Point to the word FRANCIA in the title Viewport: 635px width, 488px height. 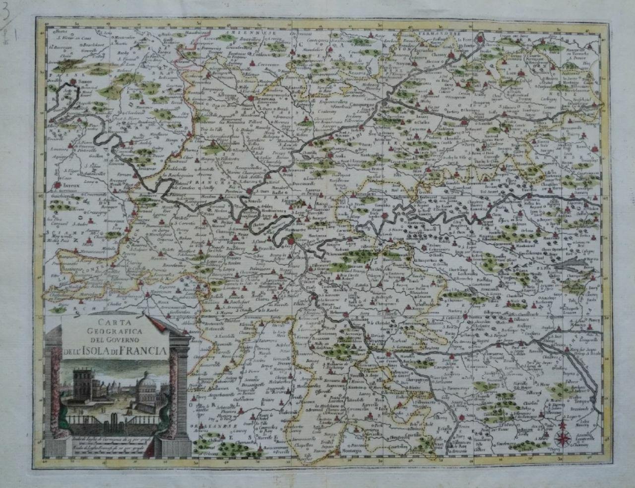[144, 353]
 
